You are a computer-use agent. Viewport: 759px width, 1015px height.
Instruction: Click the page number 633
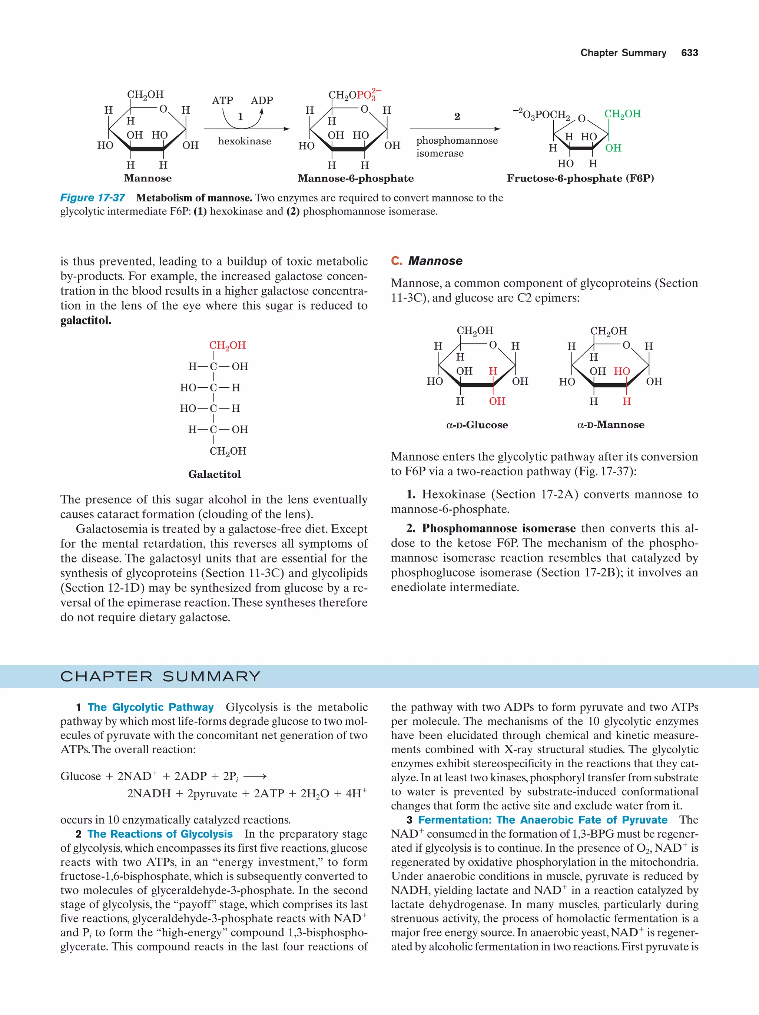689,53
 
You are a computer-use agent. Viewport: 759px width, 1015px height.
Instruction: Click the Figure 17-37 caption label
92,198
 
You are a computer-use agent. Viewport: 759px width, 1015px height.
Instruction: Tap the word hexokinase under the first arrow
244,141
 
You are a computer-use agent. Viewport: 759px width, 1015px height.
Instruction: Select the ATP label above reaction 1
222,100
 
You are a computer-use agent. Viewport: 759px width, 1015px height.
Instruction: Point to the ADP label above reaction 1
262,100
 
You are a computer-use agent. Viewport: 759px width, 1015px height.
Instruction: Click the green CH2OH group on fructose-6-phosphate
622,114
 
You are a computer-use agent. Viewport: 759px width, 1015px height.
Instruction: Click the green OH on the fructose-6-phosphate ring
613,148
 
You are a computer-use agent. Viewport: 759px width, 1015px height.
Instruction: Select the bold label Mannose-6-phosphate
355,178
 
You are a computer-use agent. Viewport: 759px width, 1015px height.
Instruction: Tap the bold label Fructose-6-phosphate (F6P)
580,178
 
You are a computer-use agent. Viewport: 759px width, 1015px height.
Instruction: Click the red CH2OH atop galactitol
227,345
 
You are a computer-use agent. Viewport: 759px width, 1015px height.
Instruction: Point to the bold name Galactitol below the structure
215,474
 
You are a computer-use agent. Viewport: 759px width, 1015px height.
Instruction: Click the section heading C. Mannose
427,261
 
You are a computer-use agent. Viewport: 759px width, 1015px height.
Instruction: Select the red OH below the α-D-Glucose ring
497,401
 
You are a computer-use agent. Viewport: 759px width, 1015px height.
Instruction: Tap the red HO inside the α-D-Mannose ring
622,371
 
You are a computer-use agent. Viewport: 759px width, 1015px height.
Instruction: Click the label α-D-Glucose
477,425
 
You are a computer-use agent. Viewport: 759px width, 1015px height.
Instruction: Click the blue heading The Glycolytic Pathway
150,707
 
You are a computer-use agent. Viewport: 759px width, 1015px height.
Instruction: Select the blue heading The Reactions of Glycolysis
160,834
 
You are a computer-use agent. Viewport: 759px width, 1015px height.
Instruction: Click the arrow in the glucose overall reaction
255,777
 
